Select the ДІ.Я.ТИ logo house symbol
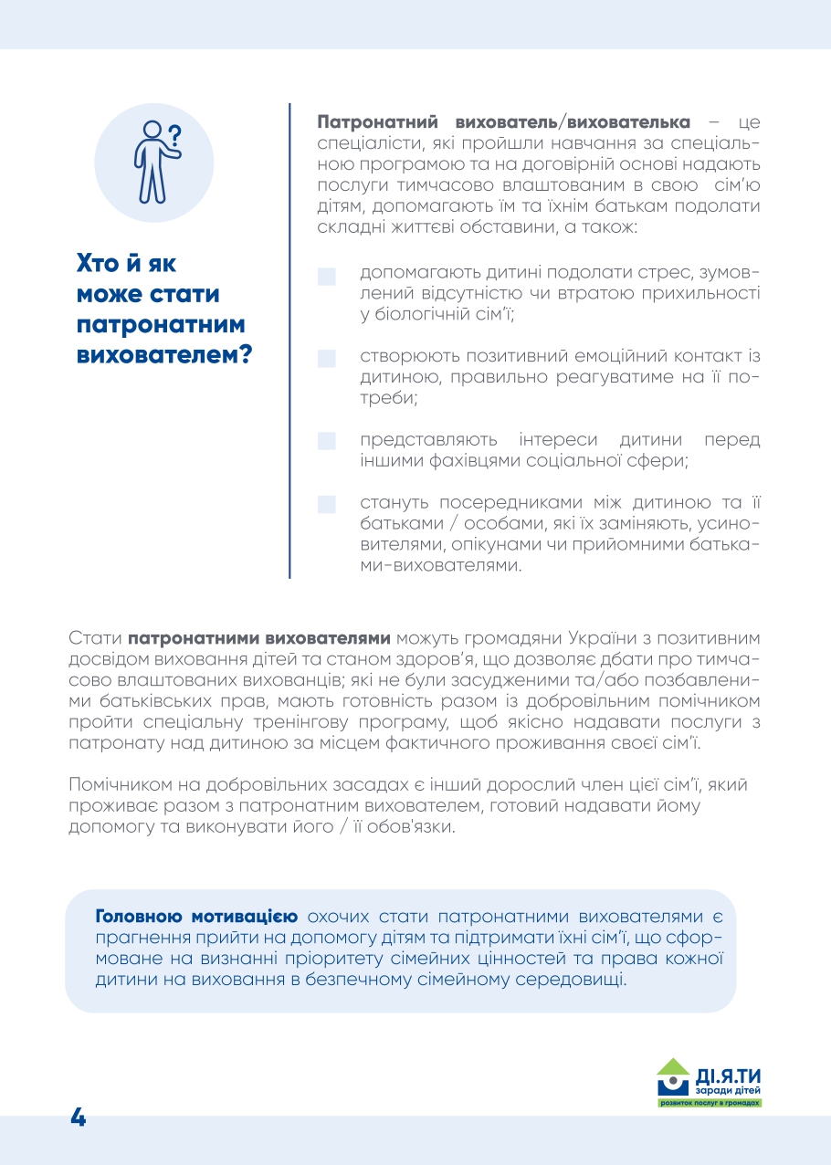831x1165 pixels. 673,1076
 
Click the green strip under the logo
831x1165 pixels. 710,1103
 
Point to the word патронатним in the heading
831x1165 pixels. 161,326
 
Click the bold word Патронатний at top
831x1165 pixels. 369,122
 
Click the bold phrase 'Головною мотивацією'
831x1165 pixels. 196,916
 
